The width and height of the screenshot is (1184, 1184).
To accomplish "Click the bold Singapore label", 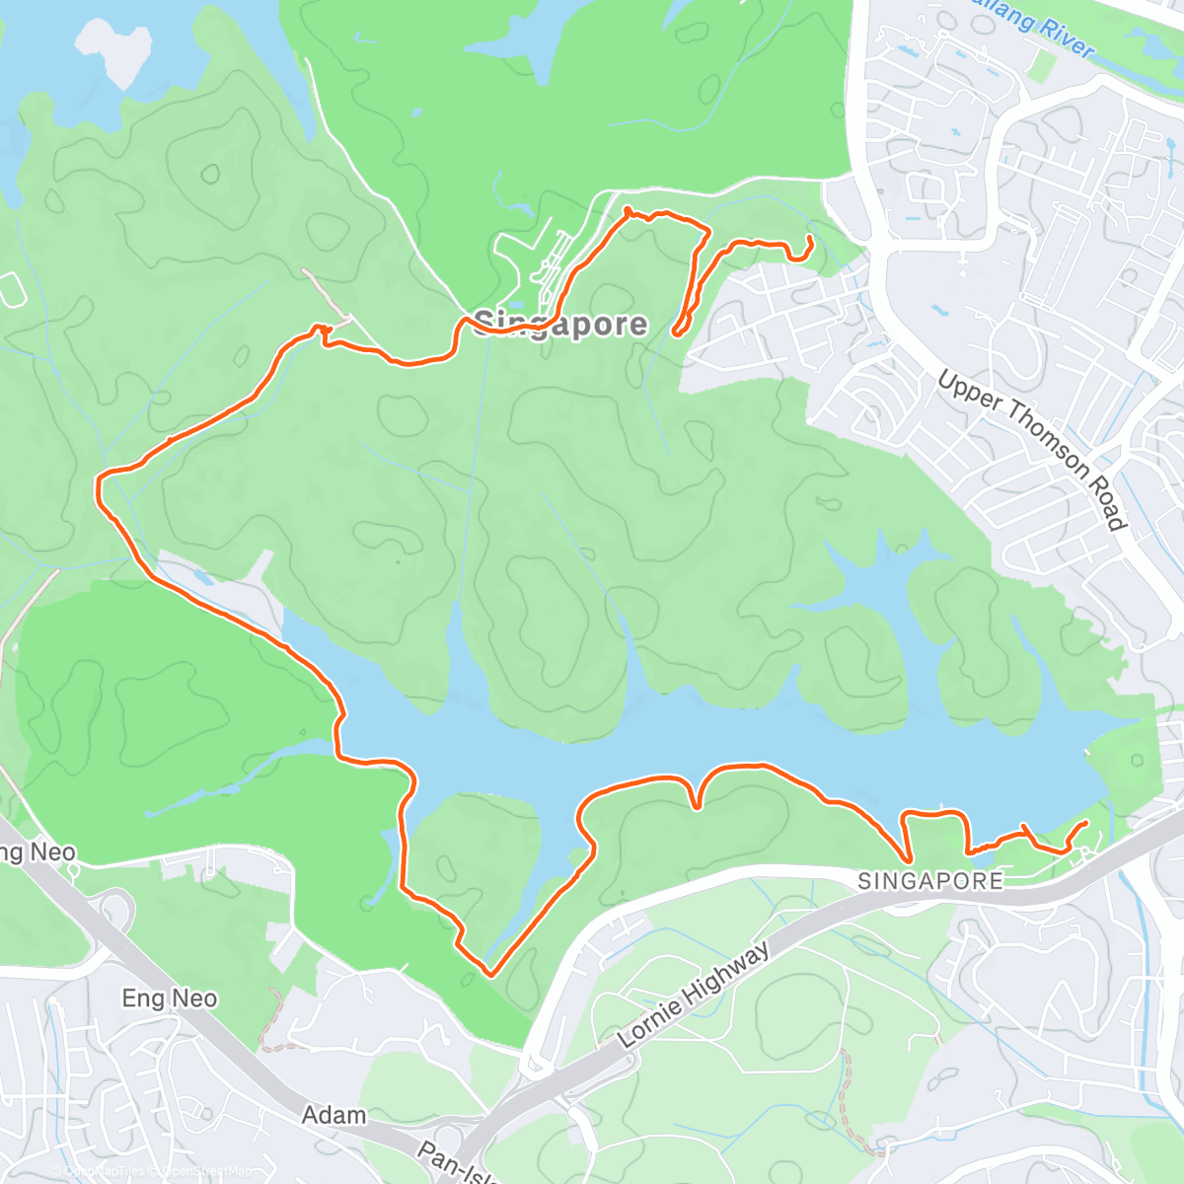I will [560, 325].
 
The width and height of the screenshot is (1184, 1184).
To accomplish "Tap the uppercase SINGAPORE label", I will [930, 881].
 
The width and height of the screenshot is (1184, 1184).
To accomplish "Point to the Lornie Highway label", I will [694, 996].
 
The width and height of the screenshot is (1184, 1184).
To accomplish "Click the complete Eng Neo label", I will [170, 999].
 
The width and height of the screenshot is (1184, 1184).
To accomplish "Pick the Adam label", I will [333, 1115].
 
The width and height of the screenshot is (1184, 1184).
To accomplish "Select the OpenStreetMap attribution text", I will [207, 1171].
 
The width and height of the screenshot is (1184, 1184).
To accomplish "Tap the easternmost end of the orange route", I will [1086, 822].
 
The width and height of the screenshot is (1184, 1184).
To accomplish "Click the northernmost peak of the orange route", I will [627, 208].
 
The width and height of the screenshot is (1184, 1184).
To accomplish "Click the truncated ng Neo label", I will [37, 851].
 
